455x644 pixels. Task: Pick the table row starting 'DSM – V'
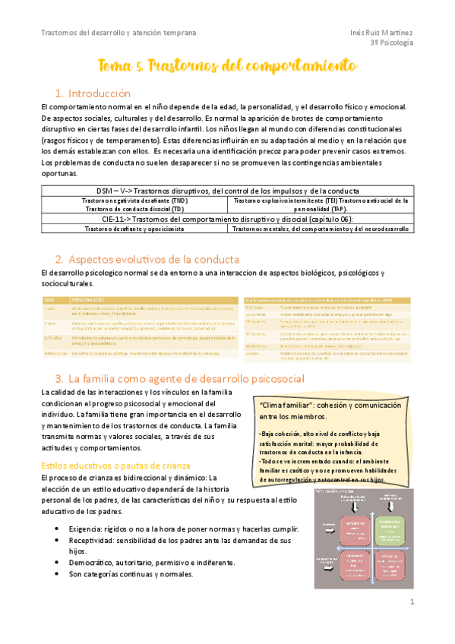pyautogui.click(x=227, y=190)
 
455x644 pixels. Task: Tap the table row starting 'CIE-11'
pyautogui.click(x=227, y=218)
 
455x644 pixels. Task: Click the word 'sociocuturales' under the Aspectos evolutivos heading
pyautogui.click(x=68, y=283)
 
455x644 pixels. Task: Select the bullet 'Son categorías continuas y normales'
pyautogui.click(x=131, y=574)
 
